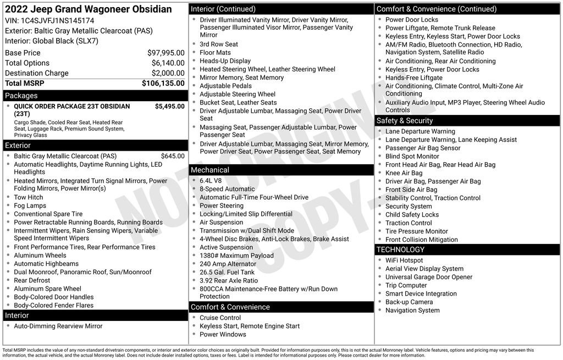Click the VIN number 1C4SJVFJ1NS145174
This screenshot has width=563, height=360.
point(57,20)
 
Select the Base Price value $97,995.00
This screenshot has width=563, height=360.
point(165,53)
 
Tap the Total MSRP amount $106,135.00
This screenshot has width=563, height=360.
point(163,83)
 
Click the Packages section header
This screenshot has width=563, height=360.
point(21,96)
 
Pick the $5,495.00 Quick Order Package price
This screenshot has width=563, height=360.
point(169,106)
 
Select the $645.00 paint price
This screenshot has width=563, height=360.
point(173,156)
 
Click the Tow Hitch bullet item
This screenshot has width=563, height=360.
point(29,197)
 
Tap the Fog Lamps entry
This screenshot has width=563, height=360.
point(30,206)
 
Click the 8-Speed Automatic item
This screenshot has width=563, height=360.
point(227,189)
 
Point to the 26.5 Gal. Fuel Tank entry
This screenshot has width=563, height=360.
point(227,272)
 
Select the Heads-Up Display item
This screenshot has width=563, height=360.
point(225,61)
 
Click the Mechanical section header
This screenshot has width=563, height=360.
point(210,170)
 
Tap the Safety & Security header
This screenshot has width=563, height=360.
point(405,120)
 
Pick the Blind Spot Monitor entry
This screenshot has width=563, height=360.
point(412,156)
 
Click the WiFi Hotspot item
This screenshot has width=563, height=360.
point(404,261)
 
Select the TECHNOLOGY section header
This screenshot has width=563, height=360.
point(400,250)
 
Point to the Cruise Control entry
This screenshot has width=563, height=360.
point(220,318)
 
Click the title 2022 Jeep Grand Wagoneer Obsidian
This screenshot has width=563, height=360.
point(88,9)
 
